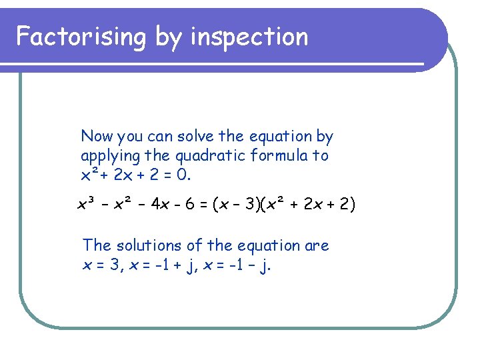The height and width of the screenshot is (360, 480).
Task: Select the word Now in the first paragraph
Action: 97,137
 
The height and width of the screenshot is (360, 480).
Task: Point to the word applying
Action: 107,157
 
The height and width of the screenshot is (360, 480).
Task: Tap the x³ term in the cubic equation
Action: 85,203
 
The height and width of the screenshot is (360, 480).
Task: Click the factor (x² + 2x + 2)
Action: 311,203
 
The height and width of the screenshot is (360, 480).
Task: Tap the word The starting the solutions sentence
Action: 95,245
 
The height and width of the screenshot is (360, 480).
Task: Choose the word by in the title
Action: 168,37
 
